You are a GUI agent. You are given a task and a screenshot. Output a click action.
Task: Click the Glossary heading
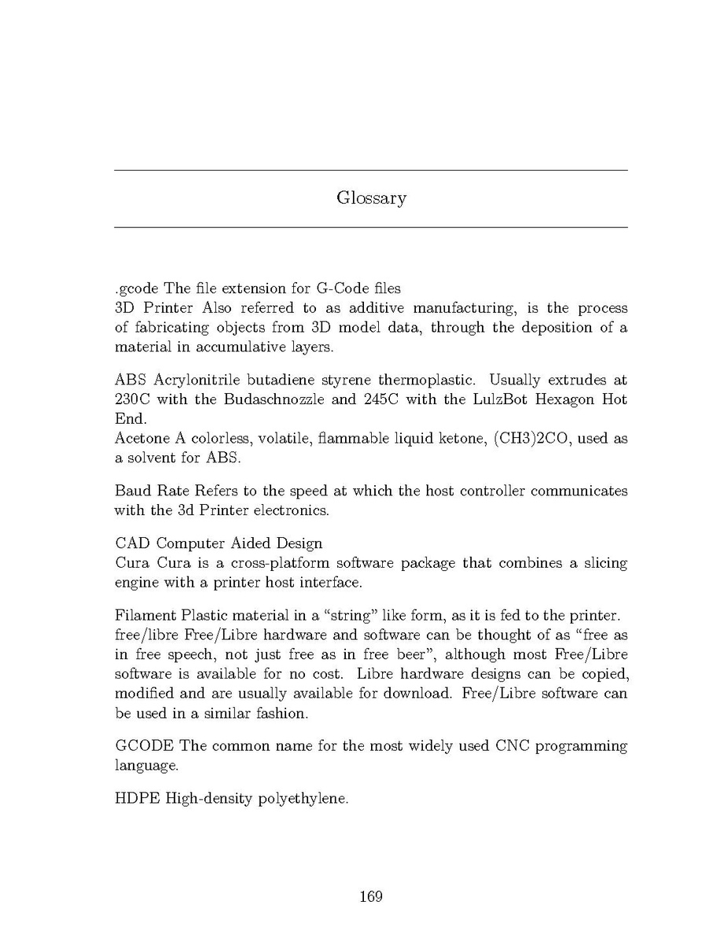(371, 198)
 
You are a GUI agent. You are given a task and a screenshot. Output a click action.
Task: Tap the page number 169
(370, 896)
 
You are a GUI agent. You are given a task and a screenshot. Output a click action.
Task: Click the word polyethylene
(303, 800)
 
